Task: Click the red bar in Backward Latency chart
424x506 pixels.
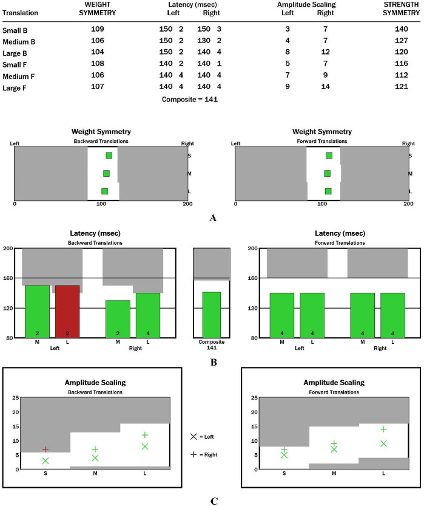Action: pyautogui.click(x=67, y=311)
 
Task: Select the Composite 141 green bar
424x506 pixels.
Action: pyautogui.click(x=211, y=315)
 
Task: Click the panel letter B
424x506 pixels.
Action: pyautogui.click(x=212, y=363)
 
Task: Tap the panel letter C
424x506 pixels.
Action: pyautogui.click(x=213, y=501)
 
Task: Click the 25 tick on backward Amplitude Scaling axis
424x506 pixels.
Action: pyautogui.click(x=15, y=397)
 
